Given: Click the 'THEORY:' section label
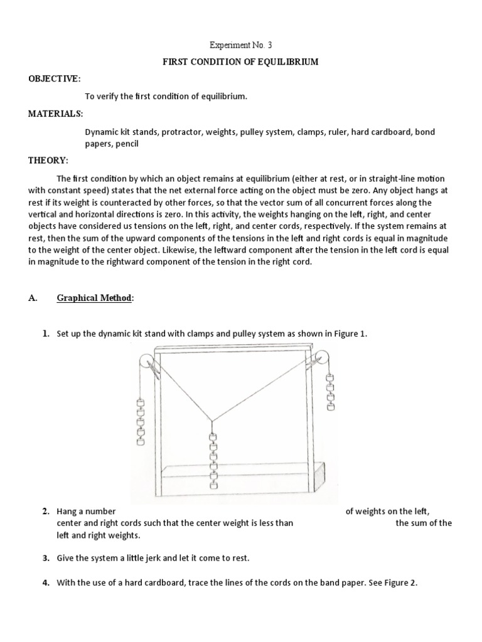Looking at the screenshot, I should pyautogui.click(x=48, y=160).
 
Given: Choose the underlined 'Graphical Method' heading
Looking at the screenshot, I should pyautogui.click(x=95, y=298).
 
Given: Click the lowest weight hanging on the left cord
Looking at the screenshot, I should pyautogui.click(x=141, y=441).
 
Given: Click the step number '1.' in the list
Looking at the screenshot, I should pyautogui.click(x=46, y=334).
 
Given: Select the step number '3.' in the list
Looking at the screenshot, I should pyautogui.click(x=46, y=558).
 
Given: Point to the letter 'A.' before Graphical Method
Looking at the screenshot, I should pyautogui.click(x=33, y=298).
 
